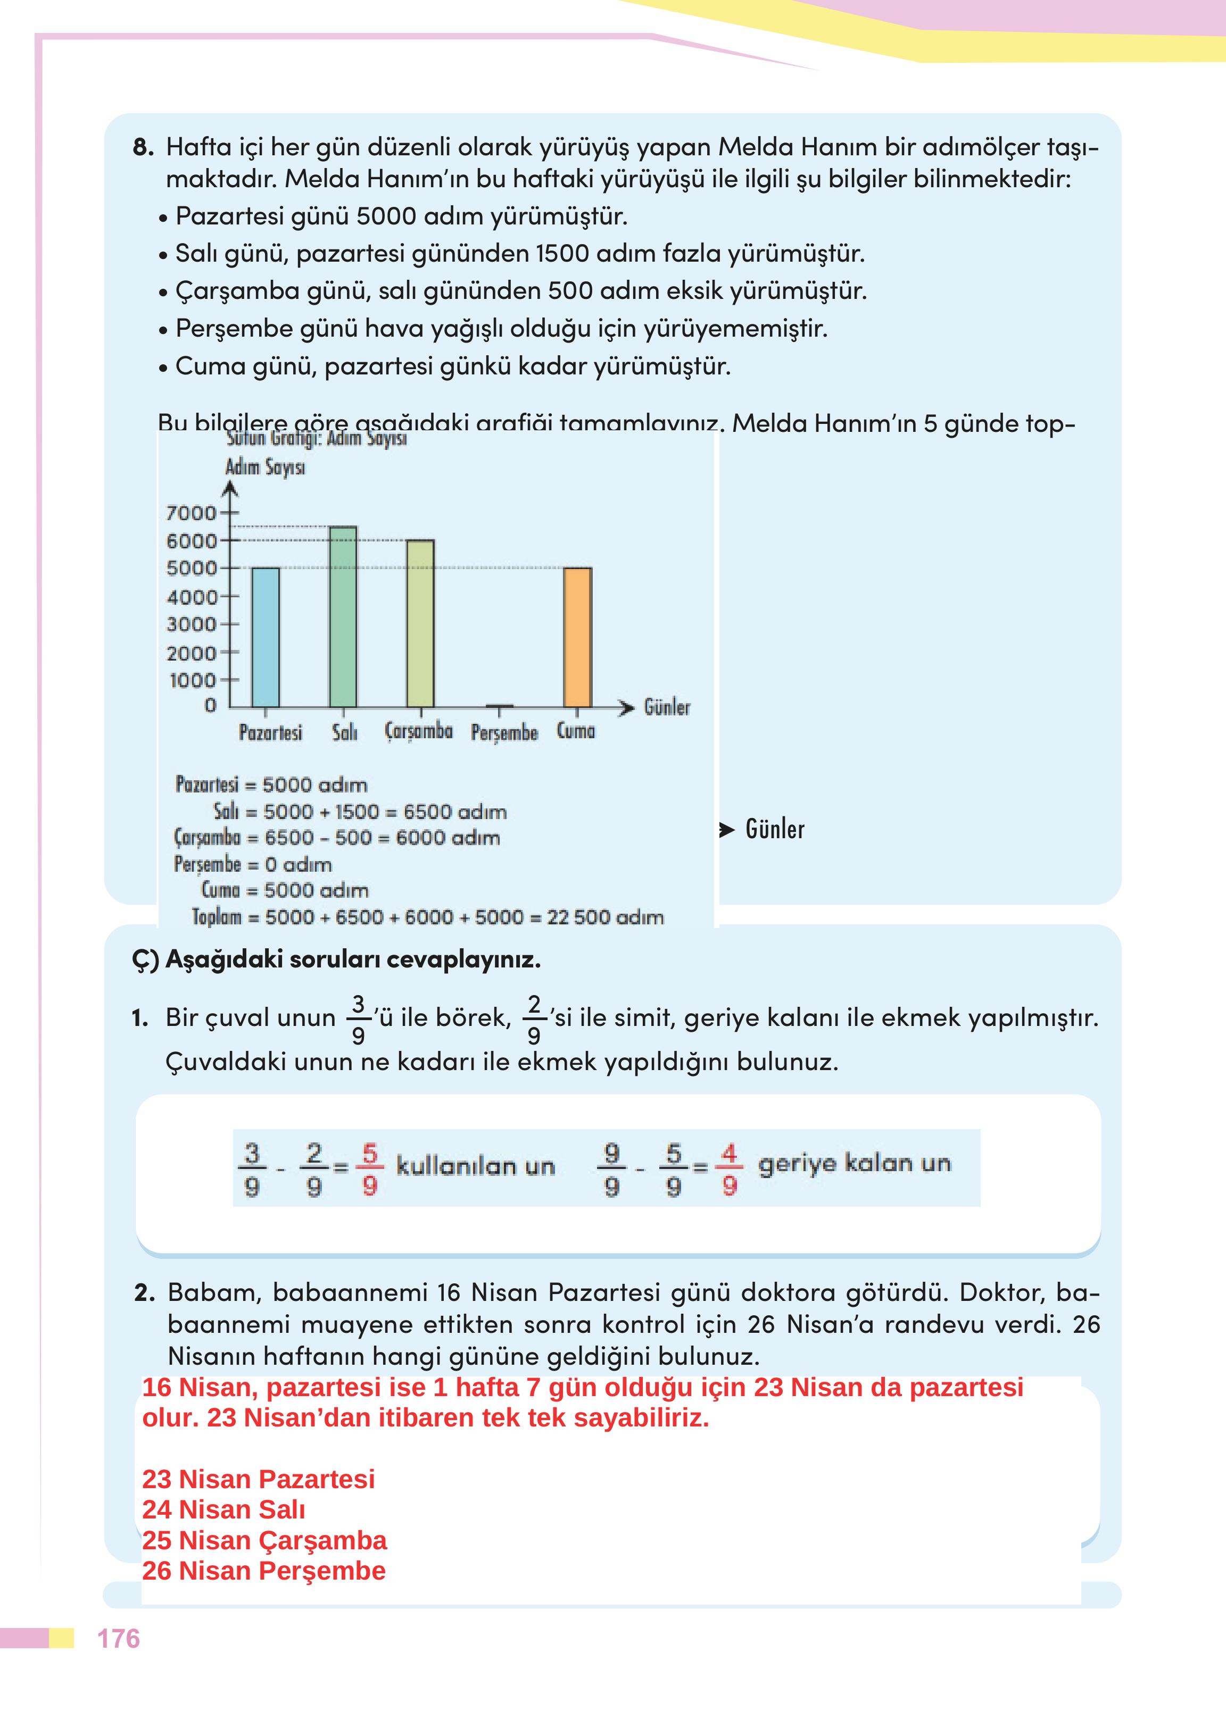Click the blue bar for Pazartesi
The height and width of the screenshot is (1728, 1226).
point(265,638)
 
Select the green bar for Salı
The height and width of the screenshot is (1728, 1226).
point(344,617)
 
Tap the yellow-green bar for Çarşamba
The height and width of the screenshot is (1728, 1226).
point(420,624)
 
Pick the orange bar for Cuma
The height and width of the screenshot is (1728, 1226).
point(577,638)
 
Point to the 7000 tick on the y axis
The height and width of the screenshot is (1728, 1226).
point(190,513)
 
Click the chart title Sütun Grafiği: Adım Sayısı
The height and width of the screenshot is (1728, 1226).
point(317,438)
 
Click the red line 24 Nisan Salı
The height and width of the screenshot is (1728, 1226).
point(223,1509)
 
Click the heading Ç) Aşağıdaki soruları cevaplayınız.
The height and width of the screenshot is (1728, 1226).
point(336,960)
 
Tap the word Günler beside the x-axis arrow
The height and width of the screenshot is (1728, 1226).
point(667,707)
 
